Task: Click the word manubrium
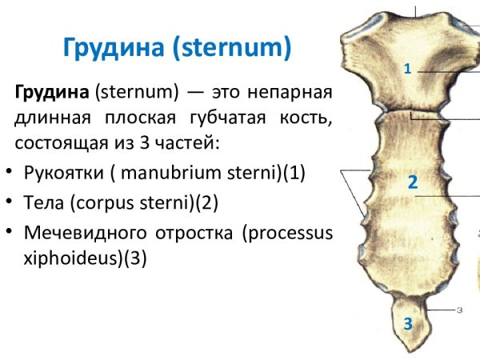pyautogui.click(x=152, y=174)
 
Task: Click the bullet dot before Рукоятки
pyautogui.click(x=8, y=174)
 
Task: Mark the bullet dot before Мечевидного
pyautogui.click(x=8, y=233)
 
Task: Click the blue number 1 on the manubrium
pyautogui.click(x=407, y=70)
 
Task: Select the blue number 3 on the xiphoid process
pyautogui.click(x=408, y=325)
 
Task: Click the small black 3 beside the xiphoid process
pyautogui.click(x=460, y=308)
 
